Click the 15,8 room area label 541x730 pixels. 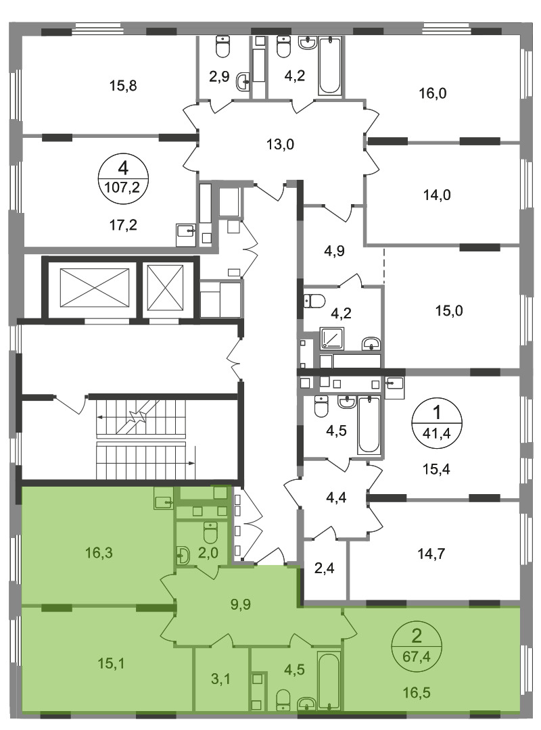pyautogui.click(x=123, y=86)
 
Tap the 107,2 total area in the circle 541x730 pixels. pyautogui.click(x=123, y=187)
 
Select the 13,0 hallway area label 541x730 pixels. pyautogui.click(x=280, y=145)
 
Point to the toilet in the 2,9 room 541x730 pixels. pyautogui.click(x=222, y=47)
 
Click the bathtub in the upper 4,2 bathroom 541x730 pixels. pyautogui.click(x=330, y=66)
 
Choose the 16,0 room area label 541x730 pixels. pyautogui.click(x=432, y=93)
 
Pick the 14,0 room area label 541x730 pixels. pyautogui.click(x=437, y=195)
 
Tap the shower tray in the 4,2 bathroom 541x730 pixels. pyautogui.click(x=332, y=339)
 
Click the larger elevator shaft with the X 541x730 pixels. pyautogui.click(x=95, y=288)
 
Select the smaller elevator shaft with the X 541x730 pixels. pyautogui.click(x=166, y=288)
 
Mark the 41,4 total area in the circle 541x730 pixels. pyautogui.click(x=437, y=435)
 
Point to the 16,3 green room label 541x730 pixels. pyautogui.click(x=99, y=553)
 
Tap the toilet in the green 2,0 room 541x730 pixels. pyautogui.click(x=210, y=533)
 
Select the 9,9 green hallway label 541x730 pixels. pyautogui.click(x=241, y=604)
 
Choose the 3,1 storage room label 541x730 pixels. pyautogui.click(x=220, y=679)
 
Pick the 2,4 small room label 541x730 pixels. pyautogui.click(x=324, y=568)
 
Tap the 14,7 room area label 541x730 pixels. pyautogui.click(x=431, y=554)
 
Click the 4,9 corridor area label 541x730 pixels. pyautogui.click(x=334, y=251)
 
